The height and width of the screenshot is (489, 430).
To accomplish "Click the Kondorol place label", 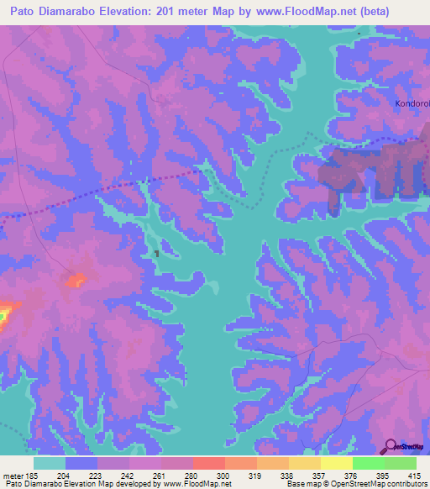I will pos(412,104).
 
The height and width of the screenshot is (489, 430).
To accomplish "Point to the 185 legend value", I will pos(34,475).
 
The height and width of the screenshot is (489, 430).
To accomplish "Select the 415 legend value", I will pos(416,475).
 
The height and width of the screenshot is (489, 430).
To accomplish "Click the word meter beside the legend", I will pos(13,475).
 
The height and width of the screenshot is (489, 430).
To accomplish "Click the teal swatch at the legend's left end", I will pos(50,463).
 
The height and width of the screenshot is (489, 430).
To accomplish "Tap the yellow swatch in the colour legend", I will pos(336,463).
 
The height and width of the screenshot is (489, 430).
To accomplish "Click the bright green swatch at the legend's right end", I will pos(400,463).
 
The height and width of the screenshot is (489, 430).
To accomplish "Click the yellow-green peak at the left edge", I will pos(3,315).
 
